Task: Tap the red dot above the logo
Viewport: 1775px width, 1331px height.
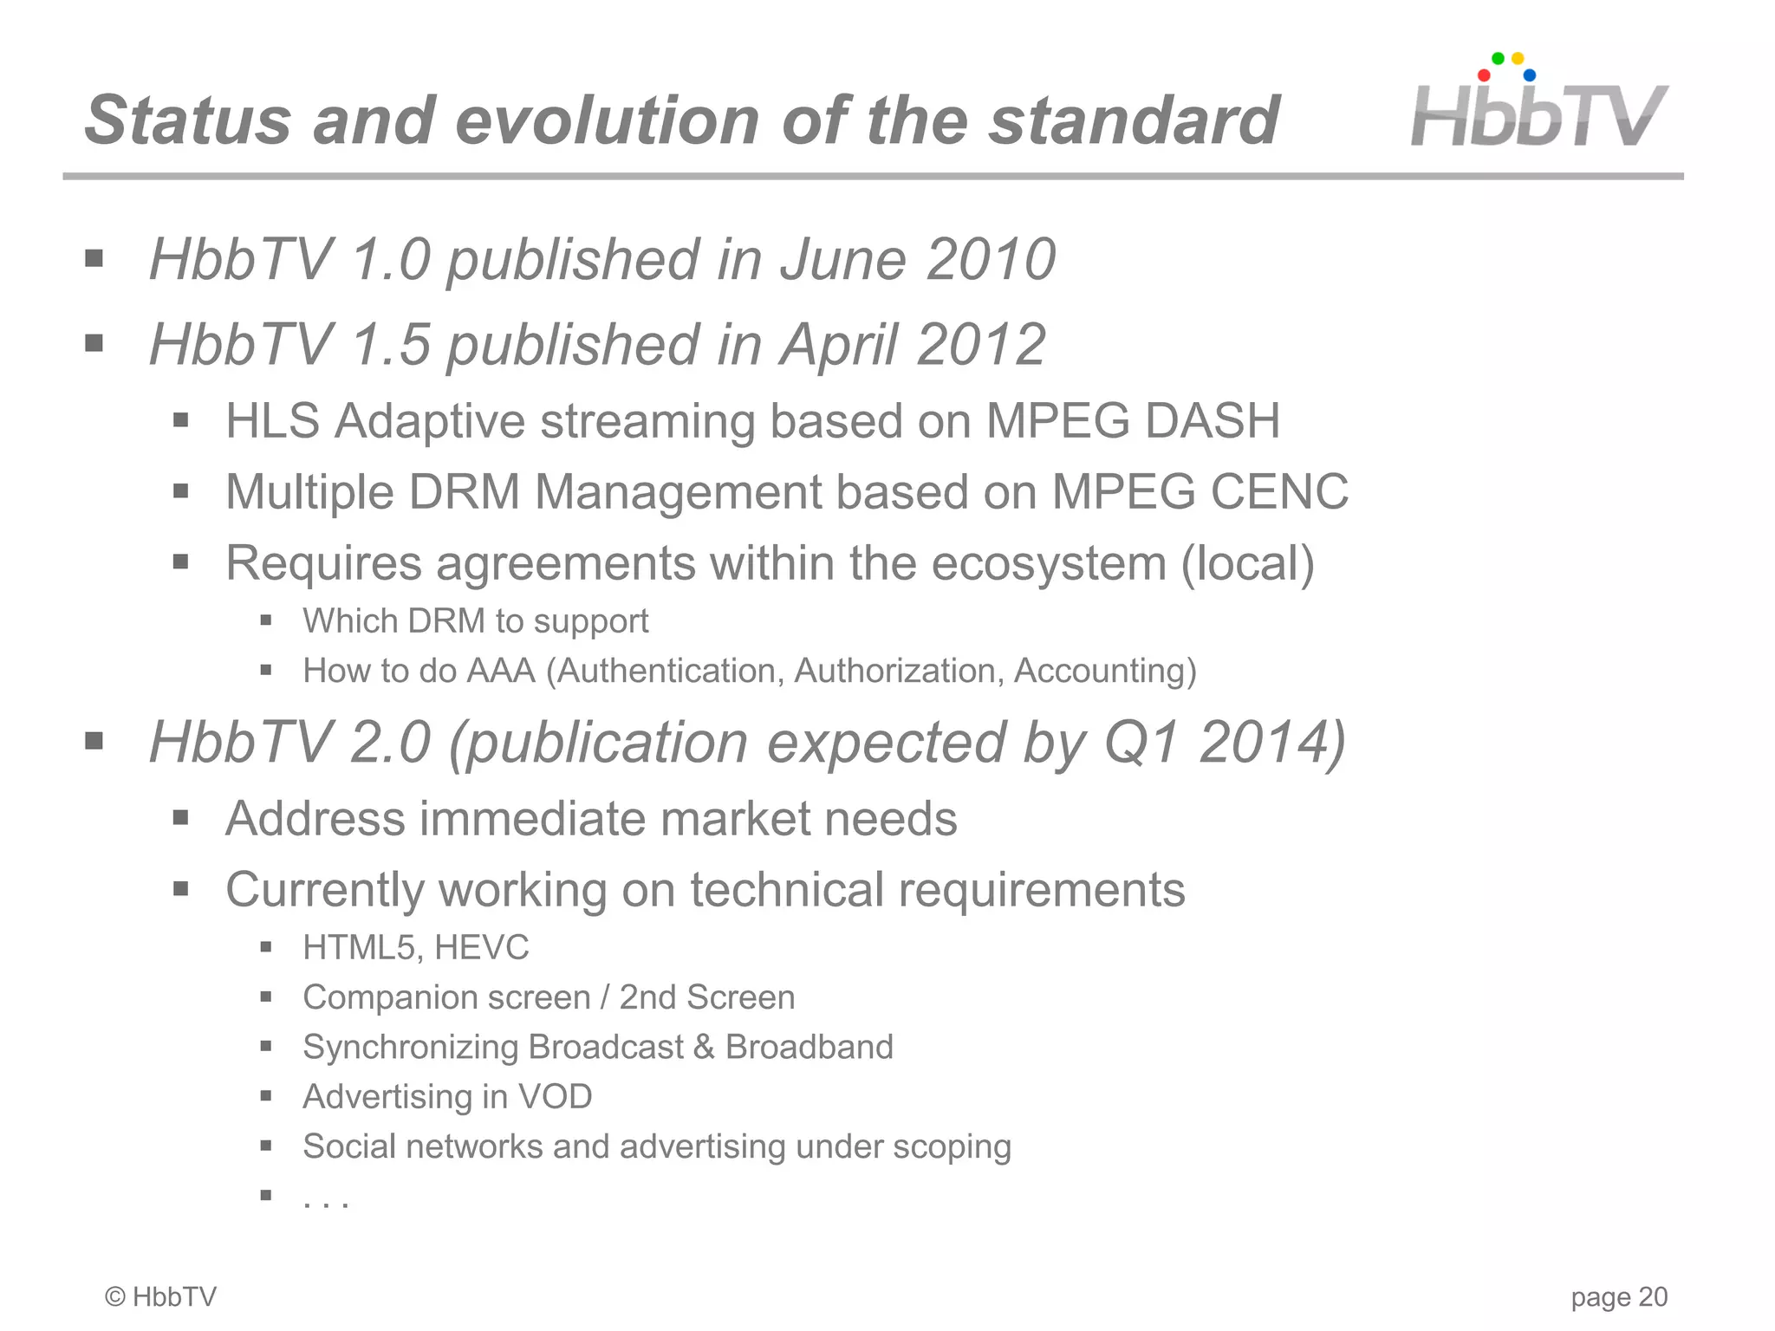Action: point(1484,75)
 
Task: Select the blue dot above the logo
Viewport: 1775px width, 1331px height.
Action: point(1530,75)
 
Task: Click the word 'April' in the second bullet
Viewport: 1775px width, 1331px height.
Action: point(838,344)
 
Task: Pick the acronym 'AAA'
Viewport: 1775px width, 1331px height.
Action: point(501,672)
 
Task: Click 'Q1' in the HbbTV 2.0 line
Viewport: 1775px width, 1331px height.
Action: point(1142,743)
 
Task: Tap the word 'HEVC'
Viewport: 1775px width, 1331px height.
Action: point(482,948)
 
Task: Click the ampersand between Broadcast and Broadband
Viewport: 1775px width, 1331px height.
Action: point(704,1047)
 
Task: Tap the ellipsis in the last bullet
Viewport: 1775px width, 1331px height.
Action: point(326,1202)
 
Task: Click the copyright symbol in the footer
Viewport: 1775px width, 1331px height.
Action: point(114,1297)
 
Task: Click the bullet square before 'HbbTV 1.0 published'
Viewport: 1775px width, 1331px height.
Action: point(94,258)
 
